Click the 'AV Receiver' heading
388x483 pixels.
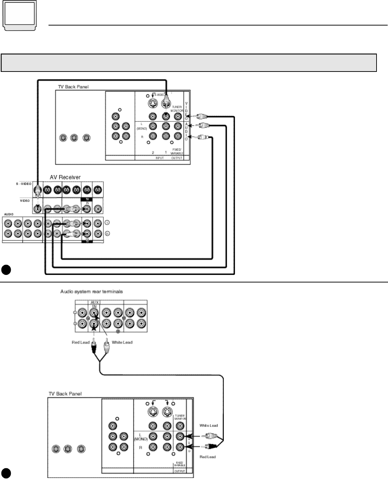[65, 177]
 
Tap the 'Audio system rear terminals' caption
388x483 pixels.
[92, 291]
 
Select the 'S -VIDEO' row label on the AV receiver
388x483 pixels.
[23, 184]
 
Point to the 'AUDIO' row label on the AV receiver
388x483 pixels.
[9, 214]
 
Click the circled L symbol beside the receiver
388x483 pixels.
[107, 223]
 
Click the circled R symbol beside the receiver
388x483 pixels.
[107, 234]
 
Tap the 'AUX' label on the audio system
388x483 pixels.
[94, 303]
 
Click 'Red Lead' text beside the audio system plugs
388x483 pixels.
[80, 342]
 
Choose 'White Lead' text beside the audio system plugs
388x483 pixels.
[122, 342]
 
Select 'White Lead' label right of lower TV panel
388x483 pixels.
[208, 425]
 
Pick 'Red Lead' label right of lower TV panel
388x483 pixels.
[208, 457]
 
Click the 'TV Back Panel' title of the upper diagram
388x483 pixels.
[73, 87]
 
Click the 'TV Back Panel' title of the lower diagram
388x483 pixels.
[65, 394]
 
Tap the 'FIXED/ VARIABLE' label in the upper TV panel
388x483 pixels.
[177, 151]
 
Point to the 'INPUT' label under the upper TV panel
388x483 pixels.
[159, 158]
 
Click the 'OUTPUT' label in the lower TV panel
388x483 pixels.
[180, 471]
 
